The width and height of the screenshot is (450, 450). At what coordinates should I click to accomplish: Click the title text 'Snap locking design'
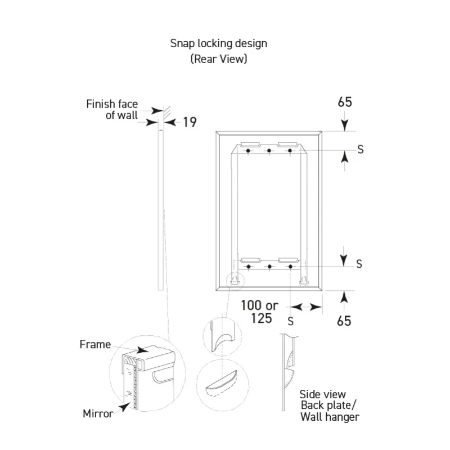click(x=219, y=44)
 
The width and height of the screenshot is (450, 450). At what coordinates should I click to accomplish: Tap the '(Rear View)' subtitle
click(x=219, y=59)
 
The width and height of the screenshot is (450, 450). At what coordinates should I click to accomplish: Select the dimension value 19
click(x=190, y=122)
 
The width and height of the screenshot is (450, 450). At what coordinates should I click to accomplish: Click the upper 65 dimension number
click(x=345, y=102)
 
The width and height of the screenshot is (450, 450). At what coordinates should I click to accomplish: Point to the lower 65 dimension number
click(x=344, y=321)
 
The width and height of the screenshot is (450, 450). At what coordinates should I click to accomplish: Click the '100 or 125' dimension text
click(x=260, y=312)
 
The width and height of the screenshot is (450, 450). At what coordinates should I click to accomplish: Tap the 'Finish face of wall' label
click(x=112, y=109)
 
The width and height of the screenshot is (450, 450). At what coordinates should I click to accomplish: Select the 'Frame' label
click(x=95, y=344)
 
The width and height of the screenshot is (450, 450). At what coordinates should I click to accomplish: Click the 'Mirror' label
click(x=98, y=413)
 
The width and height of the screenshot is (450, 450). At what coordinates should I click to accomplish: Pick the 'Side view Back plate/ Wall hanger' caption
click(x=329, y=406)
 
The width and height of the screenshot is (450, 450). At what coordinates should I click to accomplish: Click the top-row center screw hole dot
click(x=269, y=151)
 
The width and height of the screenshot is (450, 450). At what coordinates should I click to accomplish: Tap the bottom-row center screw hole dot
click(x=269, y=267)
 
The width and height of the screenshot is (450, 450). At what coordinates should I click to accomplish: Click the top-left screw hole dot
click(x=248, y=151)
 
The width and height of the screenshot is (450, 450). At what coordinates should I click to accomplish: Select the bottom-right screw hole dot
click(x=290, y=267)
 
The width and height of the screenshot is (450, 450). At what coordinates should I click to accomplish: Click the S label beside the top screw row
click(x=361, y=150)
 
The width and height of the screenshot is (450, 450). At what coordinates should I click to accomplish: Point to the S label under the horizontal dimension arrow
click(x=291, y=321)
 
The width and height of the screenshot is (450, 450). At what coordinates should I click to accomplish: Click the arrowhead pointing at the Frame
click(x=143, y=350)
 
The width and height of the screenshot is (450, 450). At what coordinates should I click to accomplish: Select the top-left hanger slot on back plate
click(x=250, y=144)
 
